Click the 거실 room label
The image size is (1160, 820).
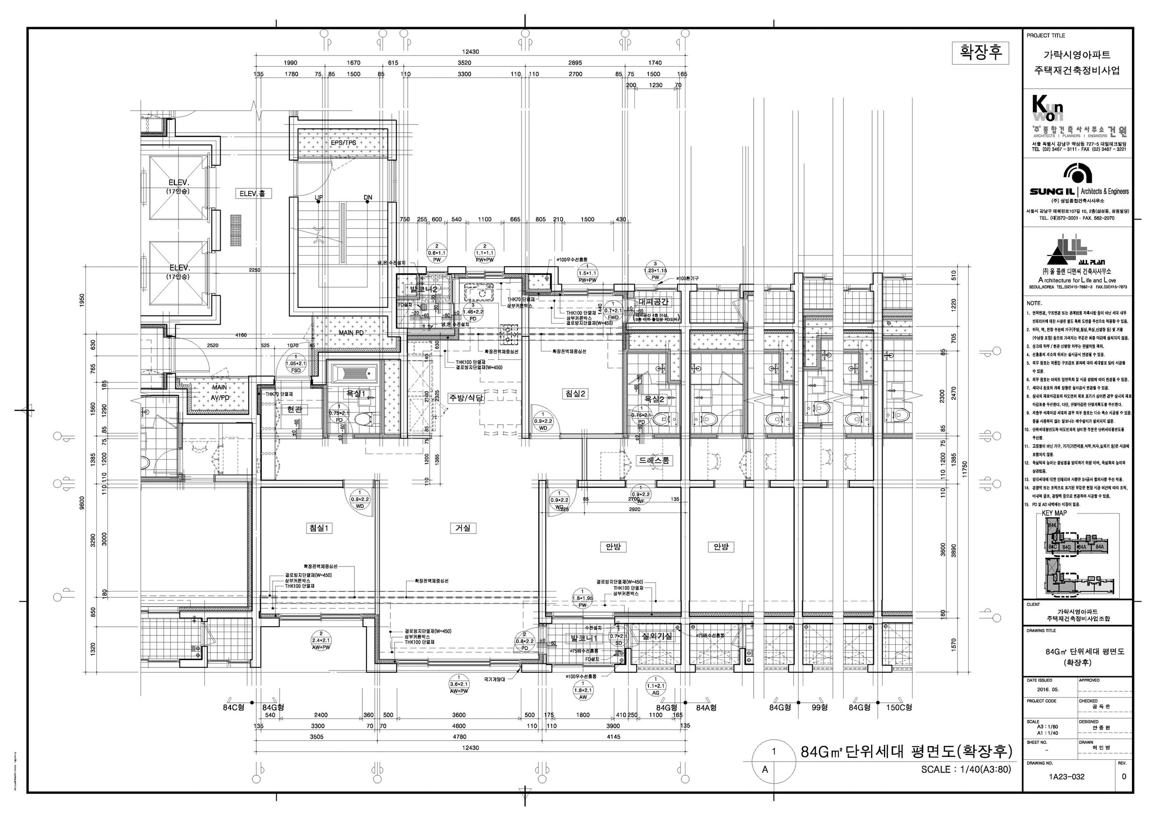(462, 528)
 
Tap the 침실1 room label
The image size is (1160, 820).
(319, 528)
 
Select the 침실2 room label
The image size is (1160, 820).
(576, 393)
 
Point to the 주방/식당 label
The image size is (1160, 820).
(466, 398)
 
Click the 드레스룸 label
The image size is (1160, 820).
(655, 461)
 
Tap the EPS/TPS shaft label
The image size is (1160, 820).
(344, 143)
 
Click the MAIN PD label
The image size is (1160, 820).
(351, 333)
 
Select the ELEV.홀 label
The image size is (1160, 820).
(255, 193)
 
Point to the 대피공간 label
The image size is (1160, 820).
(654, 302)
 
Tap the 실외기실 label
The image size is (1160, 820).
(656, 637)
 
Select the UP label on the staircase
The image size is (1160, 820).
(319, 198)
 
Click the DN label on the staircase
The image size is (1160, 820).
(368, 198)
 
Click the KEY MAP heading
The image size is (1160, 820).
(1054, 513)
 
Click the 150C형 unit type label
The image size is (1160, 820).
(899, 707)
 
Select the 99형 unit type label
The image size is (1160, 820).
(820, 707)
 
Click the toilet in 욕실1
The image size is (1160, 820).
(363, 419)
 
